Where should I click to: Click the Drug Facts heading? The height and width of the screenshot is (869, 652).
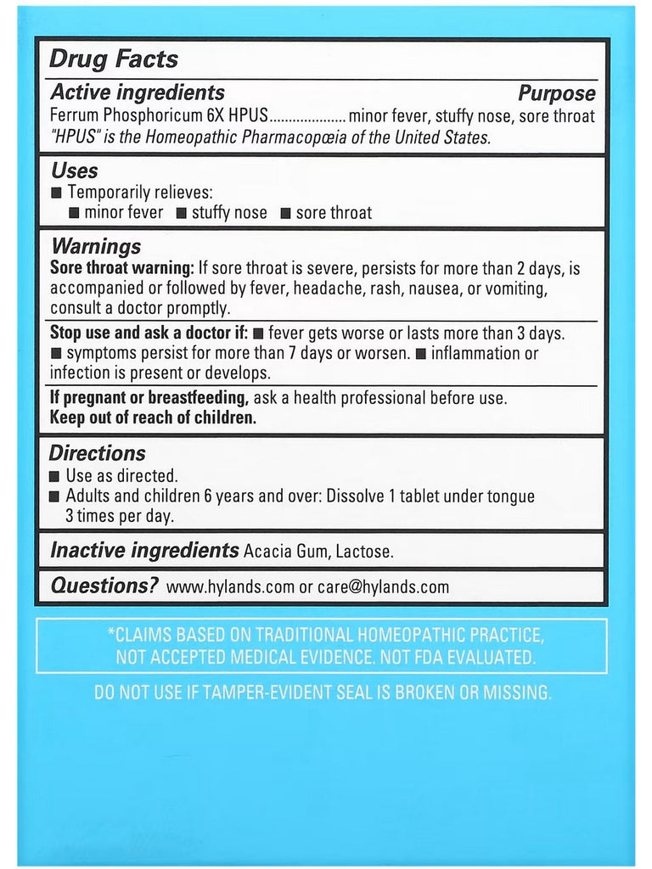point(114,59)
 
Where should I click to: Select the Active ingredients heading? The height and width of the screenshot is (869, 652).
point(138,93)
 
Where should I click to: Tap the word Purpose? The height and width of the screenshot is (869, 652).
point(557,94)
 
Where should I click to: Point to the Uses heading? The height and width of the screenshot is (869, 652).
point(75,171)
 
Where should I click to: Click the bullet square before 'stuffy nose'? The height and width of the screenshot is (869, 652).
point(182,213)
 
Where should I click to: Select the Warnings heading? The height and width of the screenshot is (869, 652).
point(96,246)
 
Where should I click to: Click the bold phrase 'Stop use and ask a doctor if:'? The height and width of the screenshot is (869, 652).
point(149,333)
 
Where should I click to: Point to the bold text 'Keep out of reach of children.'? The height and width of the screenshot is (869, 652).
point(153,418)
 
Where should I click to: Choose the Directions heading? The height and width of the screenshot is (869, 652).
point(98,453)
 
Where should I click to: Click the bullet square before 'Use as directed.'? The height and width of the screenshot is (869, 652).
point(56,477)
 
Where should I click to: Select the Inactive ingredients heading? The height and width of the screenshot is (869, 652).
point(144,550)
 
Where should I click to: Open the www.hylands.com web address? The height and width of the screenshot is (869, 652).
point(230,587)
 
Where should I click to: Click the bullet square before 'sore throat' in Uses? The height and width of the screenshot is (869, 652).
point(286,213)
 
